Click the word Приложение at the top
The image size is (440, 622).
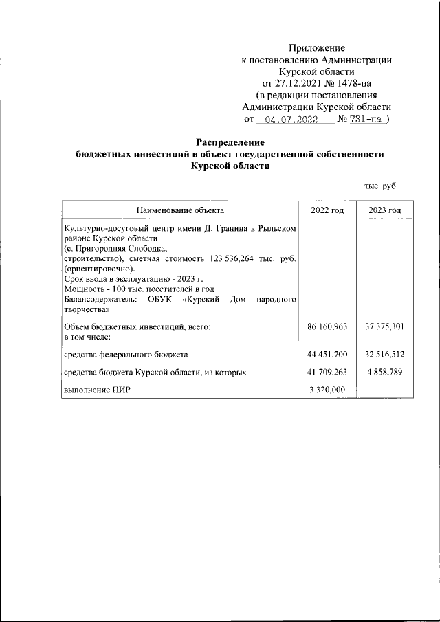tap(316, 48)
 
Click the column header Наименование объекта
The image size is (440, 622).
tap(180, 210)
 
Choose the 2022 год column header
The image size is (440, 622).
tap(327, 210)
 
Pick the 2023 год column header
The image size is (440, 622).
tap(384, 210)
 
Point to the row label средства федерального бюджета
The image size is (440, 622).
tap(126, 354)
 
